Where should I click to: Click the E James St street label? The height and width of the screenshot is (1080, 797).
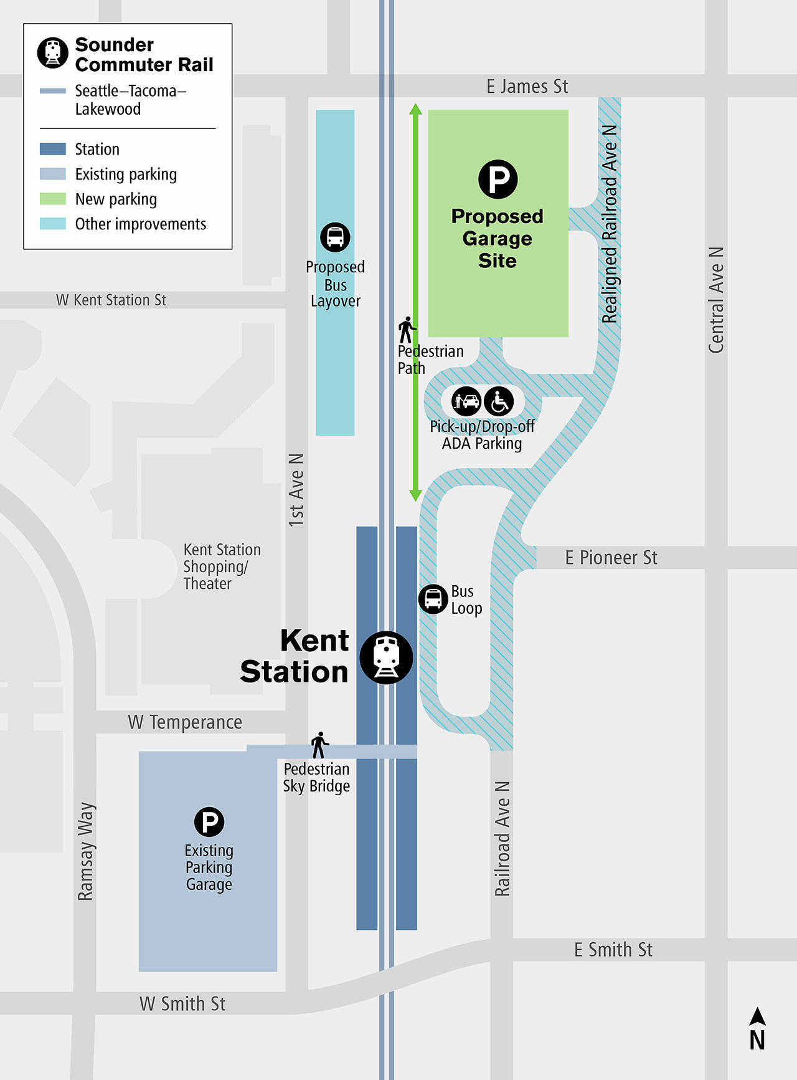527,86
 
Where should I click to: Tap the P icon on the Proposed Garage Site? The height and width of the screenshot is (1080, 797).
498,179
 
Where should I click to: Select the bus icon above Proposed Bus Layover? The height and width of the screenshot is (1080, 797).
335,237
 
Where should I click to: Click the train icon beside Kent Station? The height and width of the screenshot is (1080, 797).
386,657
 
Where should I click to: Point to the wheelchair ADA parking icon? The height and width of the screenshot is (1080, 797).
499,401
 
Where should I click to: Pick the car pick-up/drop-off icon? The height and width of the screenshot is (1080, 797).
466,401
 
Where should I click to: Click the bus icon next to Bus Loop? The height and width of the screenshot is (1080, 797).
433,599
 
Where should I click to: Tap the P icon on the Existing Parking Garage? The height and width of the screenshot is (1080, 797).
209,822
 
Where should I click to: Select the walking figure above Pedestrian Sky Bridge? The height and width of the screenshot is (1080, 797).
319,745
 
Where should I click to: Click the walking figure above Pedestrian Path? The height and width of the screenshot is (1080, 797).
407,330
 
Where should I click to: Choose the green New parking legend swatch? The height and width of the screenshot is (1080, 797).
53,199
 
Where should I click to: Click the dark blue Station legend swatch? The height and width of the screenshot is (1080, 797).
53,149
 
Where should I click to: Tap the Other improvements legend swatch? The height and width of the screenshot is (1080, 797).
53,224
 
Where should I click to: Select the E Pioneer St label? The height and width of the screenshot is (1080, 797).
611,558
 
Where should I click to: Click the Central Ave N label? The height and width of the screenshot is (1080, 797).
716,300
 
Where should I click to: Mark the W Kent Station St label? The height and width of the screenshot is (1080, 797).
111,300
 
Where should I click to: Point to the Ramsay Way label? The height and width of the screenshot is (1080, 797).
85,851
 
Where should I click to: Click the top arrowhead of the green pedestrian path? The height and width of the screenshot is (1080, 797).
415,109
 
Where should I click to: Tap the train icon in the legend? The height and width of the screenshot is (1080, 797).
53,52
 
